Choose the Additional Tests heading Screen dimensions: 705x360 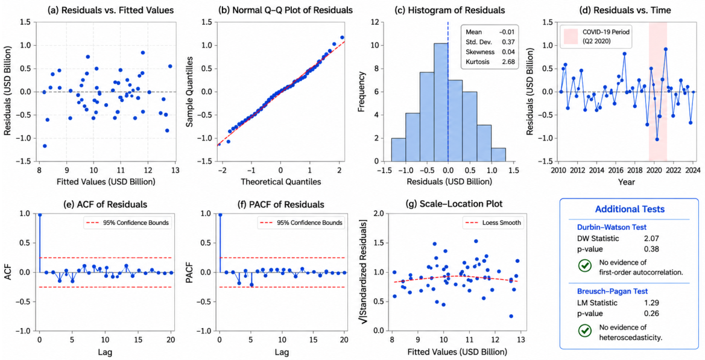(x=630, y=209)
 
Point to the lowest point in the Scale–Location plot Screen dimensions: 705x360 (x=511, y=316)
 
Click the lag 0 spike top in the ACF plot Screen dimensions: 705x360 (x=40, y=215)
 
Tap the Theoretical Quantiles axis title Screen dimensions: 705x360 (x=280, y=183)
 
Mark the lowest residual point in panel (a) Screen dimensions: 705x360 (x=45, y=145)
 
